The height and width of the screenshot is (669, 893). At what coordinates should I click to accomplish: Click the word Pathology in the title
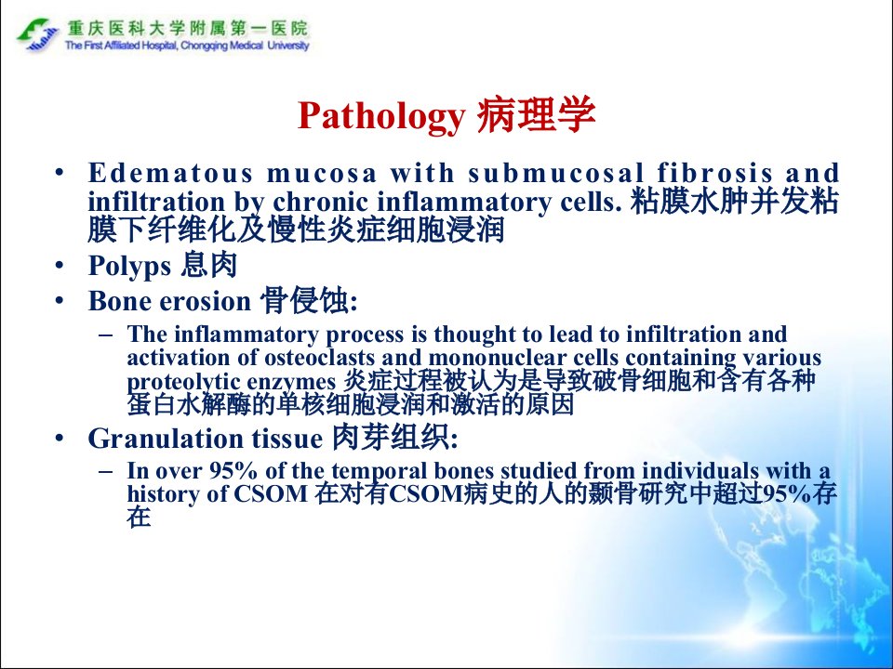(x=381, y=117)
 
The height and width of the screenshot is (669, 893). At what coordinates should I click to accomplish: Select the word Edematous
(x=169, y=173)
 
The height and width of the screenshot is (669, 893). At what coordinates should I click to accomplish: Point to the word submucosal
(x=556, y=173)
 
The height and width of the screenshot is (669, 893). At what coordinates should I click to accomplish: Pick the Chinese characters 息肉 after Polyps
(x=208, y=265)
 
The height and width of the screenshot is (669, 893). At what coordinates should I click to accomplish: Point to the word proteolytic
(x=176, y=382)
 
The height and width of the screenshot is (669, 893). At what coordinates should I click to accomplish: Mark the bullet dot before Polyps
(x=60, y=265)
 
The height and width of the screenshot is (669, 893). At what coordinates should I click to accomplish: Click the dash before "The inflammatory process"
(x=105, y=334)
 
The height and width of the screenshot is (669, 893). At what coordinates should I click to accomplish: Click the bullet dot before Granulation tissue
(x=60, y=438)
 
